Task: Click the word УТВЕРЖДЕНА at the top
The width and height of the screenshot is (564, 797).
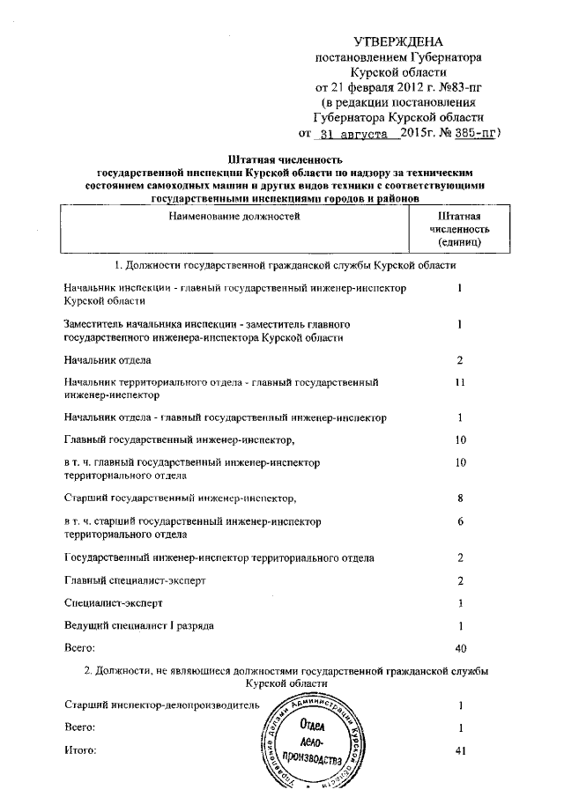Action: [x=398, y=41]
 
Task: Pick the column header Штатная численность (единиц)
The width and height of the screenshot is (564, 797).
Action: [x=459, y=228]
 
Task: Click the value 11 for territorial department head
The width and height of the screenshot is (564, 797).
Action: [x=459, y=383]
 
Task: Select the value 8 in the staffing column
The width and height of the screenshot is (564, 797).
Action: [x=460, y=498]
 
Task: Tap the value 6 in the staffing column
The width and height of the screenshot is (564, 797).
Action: [x=460, y=521]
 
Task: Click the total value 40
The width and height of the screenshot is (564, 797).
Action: [x=459, y=648]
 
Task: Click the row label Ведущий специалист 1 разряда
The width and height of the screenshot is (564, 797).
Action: [x=138, y=625]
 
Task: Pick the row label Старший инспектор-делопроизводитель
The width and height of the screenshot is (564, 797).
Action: [x=161, y=705]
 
